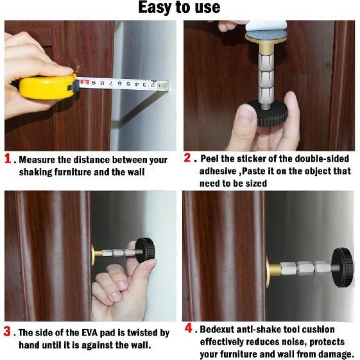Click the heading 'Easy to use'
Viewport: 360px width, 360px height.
[x=179, y=7]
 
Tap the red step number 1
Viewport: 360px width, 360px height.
[x=8, y=159]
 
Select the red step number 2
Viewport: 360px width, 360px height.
[x=187, y=158]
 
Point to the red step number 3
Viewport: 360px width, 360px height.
[x=7, y=332]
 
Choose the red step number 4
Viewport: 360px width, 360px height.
[x=188, y=328]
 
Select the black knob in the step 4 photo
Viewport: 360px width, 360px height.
[x=343, y=268]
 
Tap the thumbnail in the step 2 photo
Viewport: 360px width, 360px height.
[x=246, y=114]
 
